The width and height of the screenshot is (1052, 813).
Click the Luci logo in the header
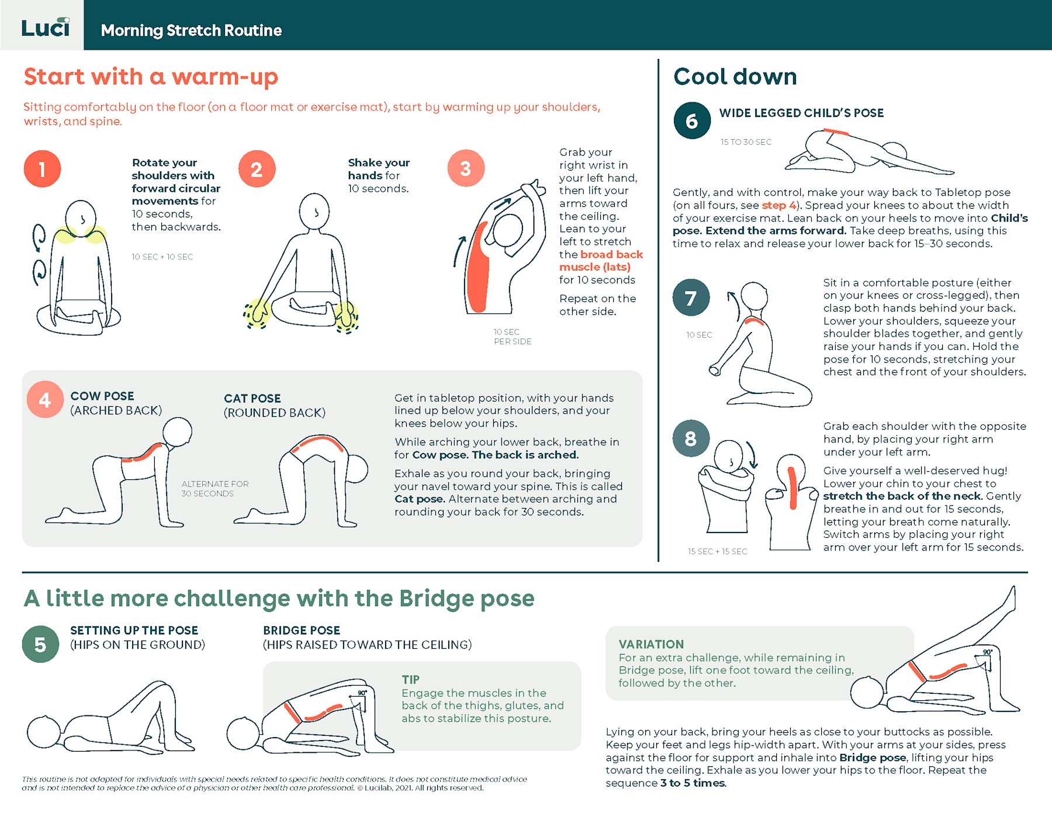(x=45, y=27)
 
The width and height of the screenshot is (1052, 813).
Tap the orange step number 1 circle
(x=42, y=169)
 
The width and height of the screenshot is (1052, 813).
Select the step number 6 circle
(x=691, y=121)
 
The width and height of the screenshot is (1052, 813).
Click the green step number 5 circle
(x=40, y=644)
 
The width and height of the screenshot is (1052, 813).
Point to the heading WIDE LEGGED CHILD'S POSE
(x=801, y=113)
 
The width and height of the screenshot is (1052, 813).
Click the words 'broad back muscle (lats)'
(x=601, y=261)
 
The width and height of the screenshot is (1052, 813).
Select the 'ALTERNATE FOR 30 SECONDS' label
(x=214, y=489)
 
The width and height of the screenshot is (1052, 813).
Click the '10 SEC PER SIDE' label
(x=512, y=337)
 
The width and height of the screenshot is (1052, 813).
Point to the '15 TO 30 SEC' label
(x=745, y=142)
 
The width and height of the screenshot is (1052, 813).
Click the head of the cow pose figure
(x=177, y=433)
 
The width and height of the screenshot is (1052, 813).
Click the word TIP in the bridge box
(x=410, y=679)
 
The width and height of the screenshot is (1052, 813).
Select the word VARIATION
(x=650, y=644)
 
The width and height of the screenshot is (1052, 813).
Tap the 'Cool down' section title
(x=735, y=77)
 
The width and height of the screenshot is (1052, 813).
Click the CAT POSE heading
(x=252, y=399)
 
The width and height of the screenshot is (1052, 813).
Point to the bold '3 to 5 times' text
(x=693, y=783)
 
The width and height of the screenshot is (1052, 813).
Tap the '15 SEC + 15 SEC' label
(x=717, y=551)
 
